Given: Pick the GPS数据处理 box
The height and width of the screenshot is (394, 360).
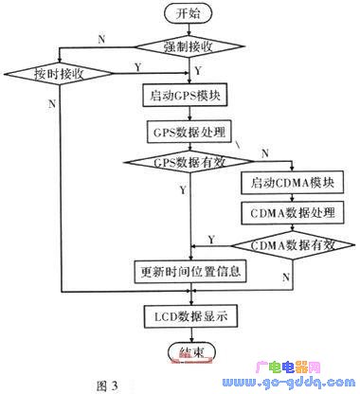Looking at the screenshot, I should point(194,131).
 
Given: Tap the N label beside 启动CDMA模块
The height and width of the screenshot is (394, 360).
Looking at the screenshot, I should point(264,153).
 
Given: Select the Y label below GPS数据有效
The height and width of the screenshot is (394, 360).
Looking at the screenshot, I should point(183,189).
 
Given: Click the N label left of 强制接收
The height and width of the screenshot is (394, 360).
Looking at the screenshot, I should point(101,38).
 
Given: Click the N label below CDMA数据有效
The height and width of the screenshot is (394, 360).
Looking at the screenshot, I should point(286,273).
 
